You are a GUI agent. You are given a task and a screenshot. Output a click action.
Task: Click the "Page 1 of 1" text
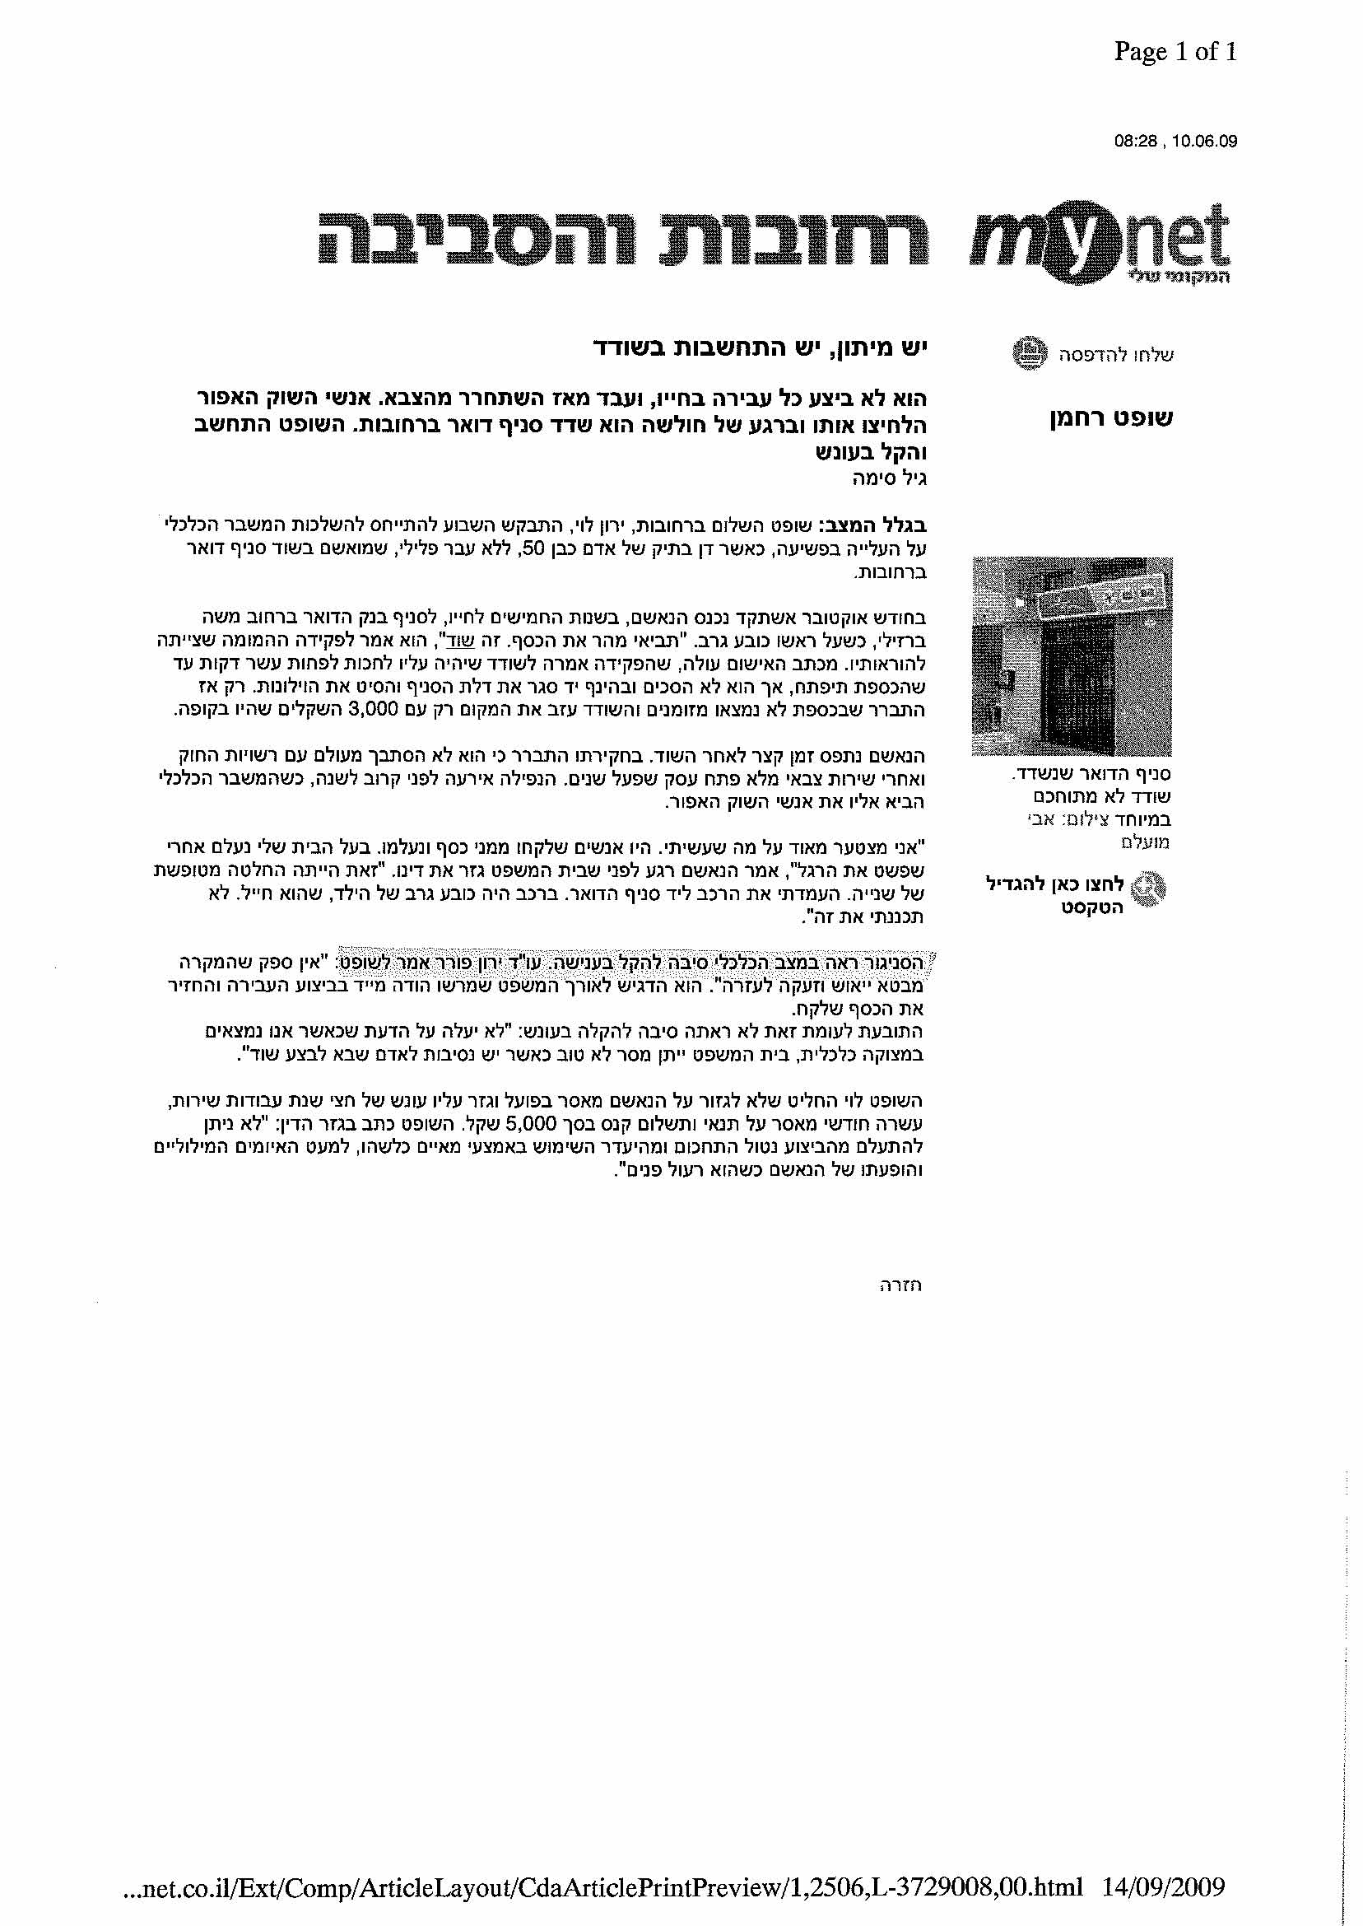[1175, 53]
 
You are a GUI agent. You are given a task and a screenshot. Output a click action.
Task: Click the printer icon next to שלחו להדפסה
[1030, 352]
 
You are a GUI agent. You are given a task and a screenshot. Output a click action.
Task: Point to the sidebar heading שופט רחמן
[1111, 418]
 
